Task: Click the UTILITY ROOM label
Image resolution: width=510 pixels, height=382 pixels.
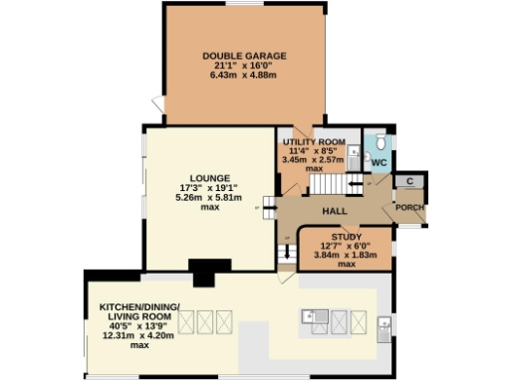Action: pos(314,142)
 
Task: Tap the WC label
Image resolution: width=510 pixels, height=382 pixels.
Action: pos(379,161)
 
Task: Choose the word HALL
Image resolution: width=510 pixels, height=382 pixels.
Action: pos(334,212)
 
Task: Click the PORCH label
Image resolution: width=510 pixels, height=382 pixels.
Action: pos(409,207)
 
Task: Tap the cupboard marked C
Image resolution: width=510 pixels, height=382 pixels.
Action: pos(409,181)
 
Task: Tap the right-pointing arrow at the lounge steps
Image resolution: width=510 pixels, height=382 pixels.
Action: pos(266,207)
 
